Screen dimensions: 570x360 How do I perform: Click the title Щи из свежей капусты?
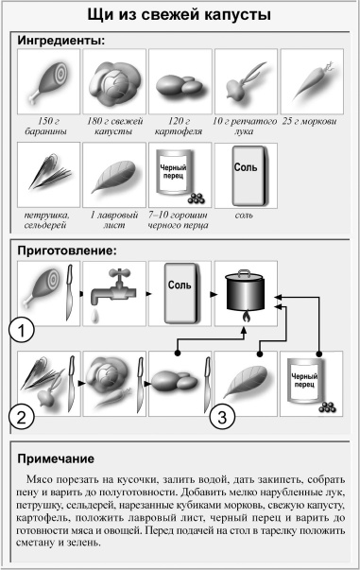coord(180,16)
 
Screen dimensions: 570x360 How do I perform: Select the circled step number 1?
coord(22,331)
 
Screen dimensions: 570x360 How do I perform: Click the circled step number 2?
coord(22,416)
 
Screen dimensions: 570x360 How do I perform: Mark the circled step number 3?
coord(219,416)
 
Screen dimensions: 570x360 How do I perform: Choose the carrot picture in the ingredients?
coord(311,82)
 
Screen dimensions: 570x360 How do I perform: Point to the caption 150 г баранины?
coord(47,128)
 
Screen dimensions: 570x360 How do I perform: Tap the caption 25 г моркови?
coord(311,122)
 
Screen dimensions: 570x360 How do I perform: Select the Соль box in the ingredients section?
coord(245,175)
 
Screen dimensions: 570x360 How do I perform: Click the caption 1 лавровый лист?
coord(113,220)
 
